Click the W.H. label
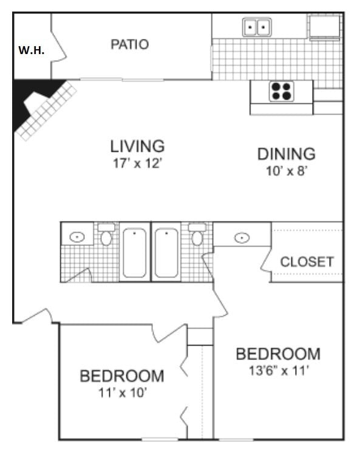pos(32,50)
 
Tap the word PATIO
pos(129,44)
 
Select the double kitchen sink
pos(257,27)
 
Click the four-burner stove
pos(280,91)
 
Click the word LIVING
pos(137,146)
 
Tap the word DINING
pos(287,154)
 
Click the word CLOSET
pos(307,262)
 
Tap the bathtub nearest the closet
pos(165,252)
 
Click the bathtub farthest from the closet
pos(134,252)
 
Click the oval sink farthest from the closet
pos(77,236)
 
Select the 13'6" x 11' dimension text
pos(277,370)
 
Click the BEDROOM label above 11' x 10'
pos(122,376)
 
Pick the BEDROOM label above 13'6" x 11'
pos(278,354)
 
